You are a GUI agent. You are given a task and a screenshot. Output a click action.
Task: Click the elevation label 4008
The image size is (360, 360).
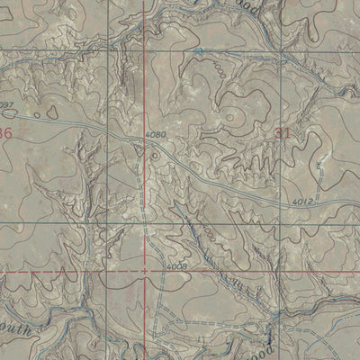tap(175, 267)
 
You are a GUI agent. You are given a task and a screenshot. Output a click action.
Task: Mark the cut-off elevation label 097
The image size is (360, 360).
tap(7, 106)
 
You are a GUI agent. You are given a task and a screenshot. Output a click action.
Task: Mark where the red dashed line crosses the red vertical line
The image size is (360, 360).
tap(145, 270)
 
